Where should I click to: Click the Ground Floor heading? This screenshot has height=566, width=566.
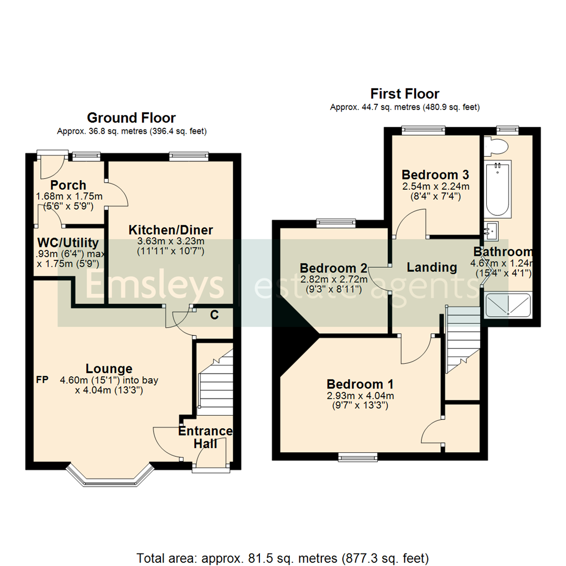[131, 118]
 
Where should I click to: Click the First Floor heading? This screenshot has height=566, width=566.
[405, 94]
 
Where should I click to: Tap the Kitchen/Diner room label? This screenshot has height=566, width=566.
[171, 230]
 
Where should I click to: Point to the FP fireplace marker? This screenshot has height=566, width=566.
[42, 379]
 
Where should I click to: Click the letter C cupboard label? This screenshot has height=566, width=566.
[214, 315]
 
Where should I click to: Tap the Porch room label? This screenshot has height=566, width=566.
[68, 185]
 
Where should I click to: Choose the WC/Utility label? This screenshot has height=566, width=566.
[68, 243]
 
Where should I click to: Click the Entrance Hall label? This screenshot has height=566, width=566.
[205, 437]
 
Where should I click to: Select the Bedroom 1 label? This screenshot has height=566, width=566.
[360, 383]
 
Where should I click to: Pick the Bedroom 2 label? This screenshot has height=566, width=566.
[333, 268]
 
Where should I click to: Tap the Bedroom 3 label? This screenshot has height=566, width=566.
[435, 175]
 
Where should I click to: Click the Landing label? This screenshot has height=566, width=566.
[432, 267]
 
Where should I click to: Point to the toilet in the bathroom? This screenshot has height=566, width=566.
[495, 146]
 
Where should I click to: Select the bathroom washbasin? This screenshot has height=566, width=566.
[492, 229]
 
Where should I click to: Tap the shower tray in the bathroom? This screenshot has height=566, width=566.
[508, 306]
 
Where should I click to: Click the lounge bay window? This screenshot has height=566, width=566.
[111, 475]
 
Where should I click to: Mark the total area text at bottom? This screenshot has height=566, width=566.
[282, 557]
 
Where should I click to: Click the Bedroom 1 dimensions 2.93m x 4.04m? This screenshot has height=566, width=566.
[360, 396]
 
